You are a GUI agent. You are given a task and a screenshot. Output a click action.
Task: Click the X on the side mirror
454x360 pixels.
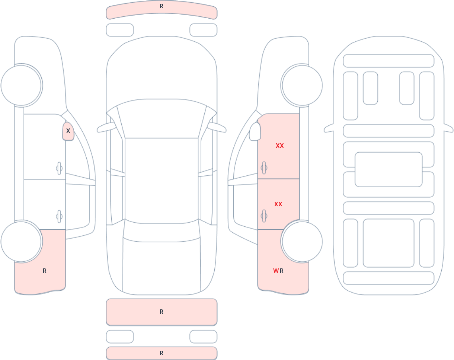[68, 131]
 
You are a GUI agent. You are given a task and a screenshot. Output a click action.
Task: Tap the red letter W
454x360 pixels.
[276, 271]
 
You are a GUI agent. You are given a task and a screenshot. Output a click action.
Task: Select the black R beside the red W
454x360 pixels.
[282, 271]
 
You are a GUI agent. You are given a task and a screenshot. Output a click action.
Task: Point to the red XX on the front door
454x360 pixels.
[280, 146]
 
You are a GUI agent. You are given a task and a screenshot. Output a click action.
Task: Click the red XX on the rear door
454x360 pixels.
[278, 204]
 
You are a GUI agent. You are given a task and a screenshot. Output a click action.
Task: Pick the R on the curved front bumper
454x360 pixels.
[162, 6]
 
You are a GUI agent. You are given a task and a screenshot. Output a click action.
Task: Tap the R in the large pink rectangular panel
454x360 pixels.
[162, 312]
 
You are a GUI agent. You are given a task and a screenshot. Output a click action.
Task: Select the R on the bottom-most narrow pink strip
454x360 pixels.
[162, 353]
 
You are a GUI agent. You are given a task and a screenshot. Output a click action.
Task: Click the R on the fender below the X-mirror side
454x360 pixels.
[45, 271]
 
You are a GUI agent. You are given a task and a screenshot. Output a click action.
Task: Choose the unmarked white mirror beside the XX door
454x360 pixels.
[255, 132]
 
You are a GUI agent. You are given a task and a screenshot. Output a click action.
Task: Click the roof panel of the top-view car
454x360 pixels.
[162, 181]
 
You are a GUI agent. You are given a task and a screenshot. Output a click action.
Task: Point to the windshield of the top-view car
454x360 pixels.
[162, 118]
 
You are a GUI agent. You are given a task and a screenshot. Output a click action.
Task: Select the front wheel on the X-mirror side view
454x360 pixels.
[22, 86]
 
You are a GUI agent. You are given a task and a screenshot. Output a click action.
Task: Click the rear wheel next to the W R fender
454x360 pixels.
[302, 241]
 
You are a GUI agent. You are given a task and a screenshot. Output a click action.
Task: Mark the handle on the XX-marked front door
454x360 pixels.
[264, 168]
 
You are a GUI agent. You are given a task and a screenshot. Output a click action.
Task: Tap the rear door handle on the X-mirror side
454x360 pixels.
[59, 217]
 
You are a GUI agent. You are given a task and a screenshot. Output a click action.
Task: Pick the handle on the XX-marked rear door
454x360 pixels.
[264, 216]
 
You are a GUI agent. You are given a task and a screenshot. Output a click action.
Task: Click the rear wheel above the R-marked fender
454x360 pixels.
[22, 241]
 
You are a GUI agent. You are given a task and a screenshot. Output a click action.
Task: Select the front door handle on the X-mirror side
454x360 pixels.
[59, 168]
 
